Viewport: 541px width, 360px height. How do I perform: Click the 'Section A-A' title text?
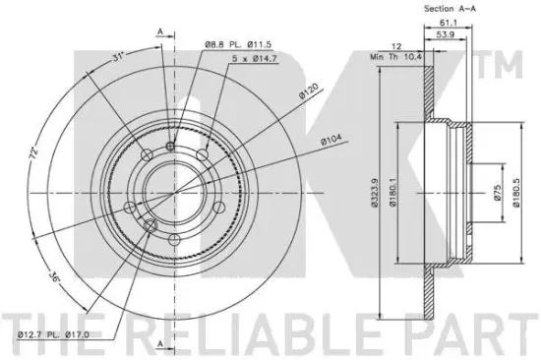pyautogui.click(x=450, y=8)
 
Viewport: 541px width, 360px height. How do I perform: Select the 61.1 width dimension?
pyautogui.click(x=449, y=23)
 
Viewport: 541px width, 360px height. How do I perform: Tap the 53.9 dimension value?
pyautogui.click(x=446, y=34)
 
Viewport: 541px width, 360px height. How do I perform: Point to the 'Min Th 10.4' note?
pyautogui.click(x=396, y=57)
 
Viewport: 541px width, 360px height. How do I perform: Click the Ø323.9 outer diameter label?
pyautogui.click(x=376, y=192)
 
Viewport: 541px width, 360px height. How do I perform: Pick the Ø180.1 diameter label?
pyautogui.click(x=392, y=192)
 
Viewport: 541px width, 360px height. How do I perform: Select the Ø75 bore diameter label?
pyautogui.click(x=497, y=192)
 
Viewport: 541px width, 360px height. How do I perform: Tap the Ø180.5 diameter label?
pyautogui.click(x=516, y=192)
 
